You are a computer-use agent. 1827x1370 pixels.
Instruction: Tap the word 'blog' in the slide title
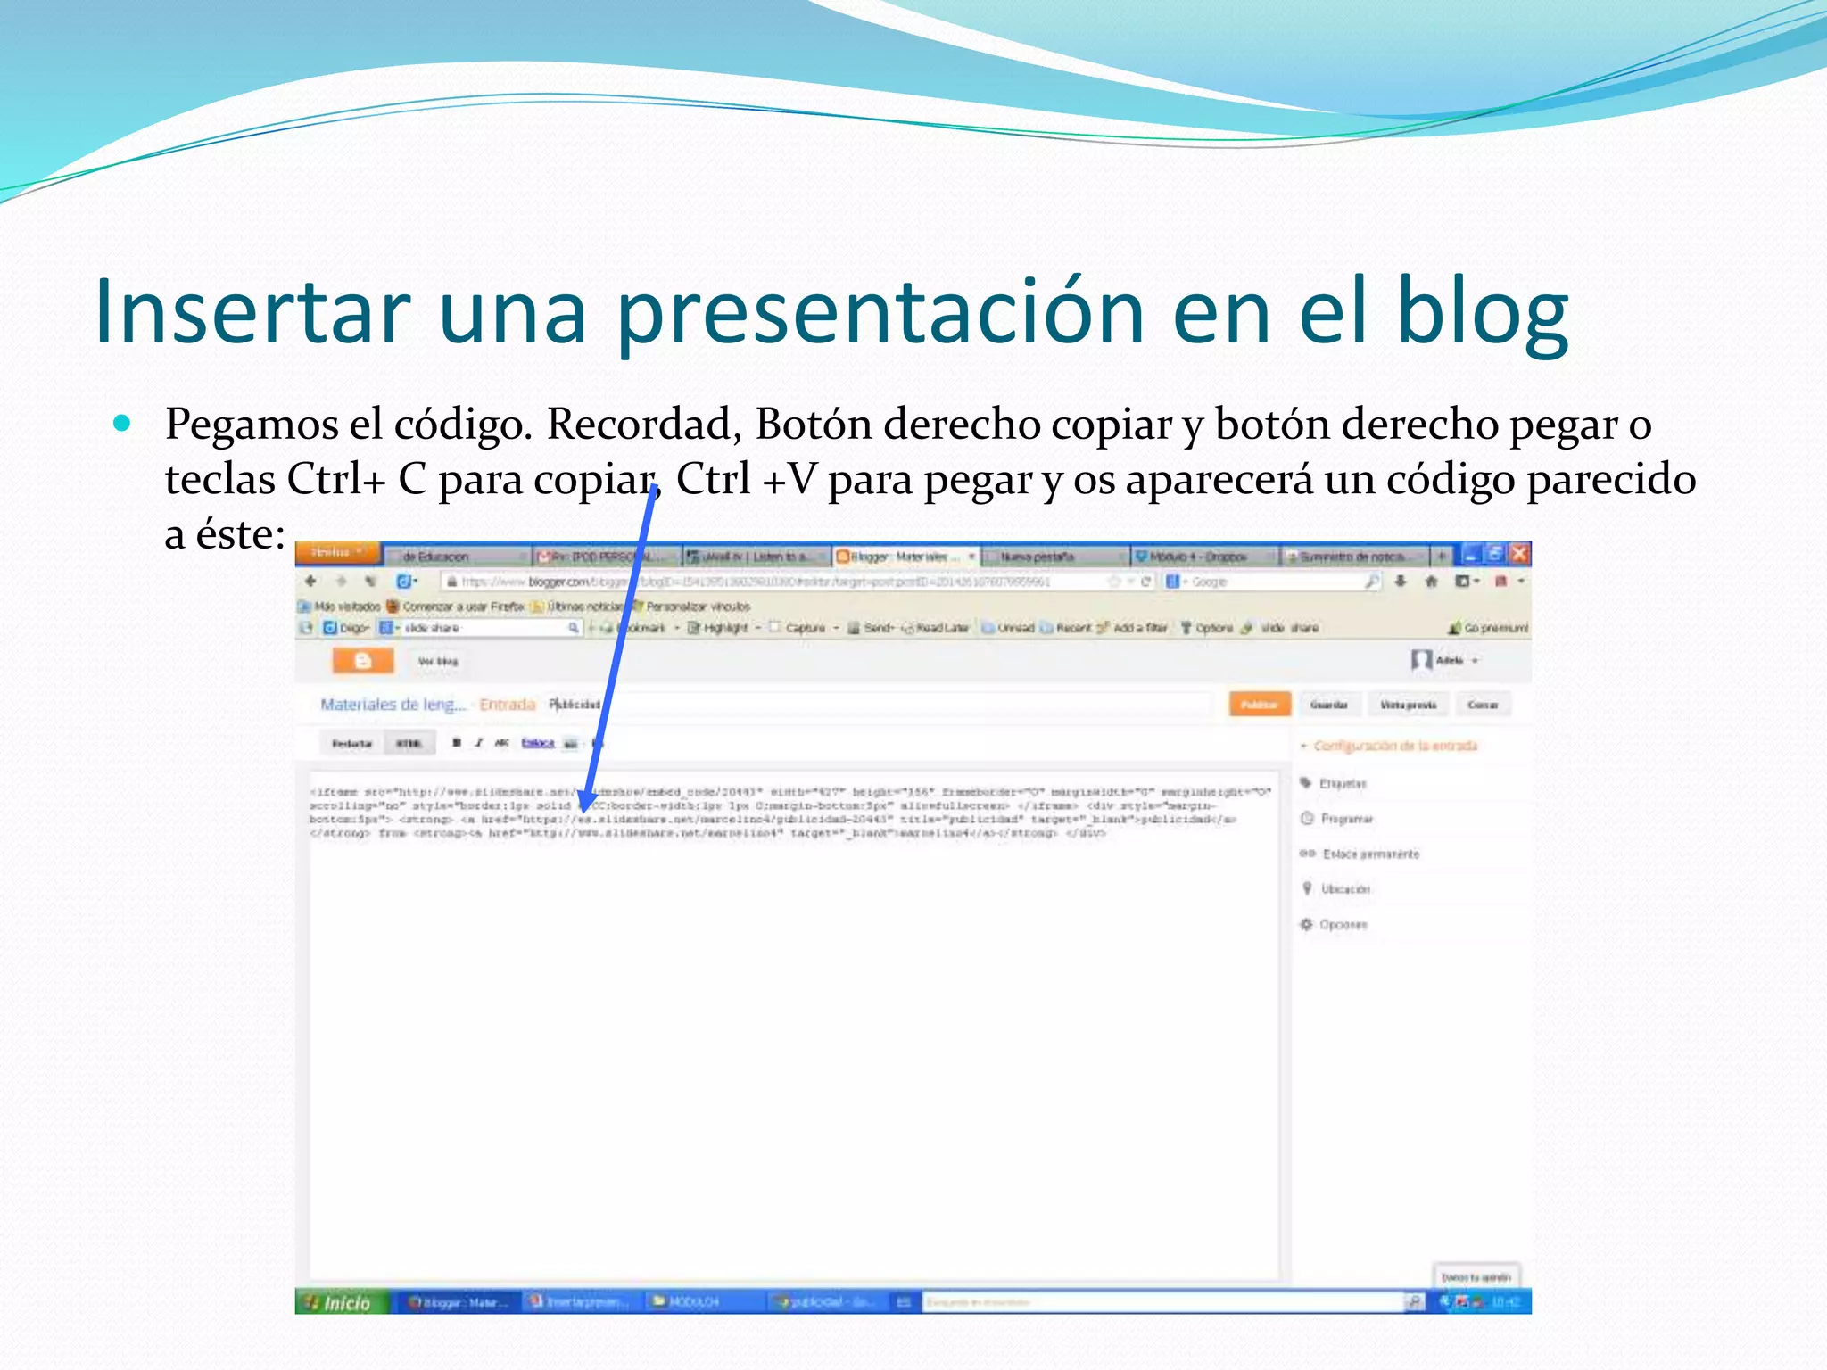(1481, 312)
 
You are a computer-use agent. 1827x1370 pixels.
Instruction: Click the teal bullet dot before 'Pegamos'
(122, 423)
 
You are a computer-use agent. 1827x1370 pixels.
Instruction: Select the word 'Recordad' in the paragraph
(643, 425)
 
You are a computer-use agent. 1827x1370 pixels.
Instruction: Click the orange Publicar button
(1260, 705)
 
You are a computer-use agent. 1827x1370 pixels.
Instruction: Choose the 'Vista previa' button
(1409, 705)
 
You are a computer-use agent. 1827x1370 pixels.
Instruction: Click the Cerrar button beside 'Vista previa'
(1483, 705)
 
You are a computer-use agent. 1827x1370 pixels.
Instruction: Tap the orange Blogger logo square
(363, 661)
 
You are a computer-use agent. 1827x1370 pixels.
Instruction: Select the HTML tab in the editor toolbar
(409, 743)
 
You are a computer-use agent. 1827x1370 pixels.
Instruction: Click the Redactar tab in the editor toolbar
(351, 743)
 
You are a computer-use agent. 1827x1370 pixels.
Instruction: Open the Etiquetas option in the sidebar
(1342, 784)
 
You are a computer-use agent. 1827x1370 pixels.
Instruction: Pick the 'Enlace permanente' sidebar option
(1369, 854)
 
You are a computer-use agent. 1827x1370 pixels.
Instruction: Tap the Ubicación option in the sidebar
(1344, 889)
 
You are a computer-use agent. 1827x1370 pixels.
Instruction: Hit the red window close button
(1520, 554)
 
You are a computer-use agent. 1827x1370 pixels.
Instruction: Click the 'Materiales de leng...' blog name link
(393, 705)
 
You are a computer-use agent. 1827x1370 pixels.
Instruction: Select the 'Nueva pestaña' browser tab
(1038, 557)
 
